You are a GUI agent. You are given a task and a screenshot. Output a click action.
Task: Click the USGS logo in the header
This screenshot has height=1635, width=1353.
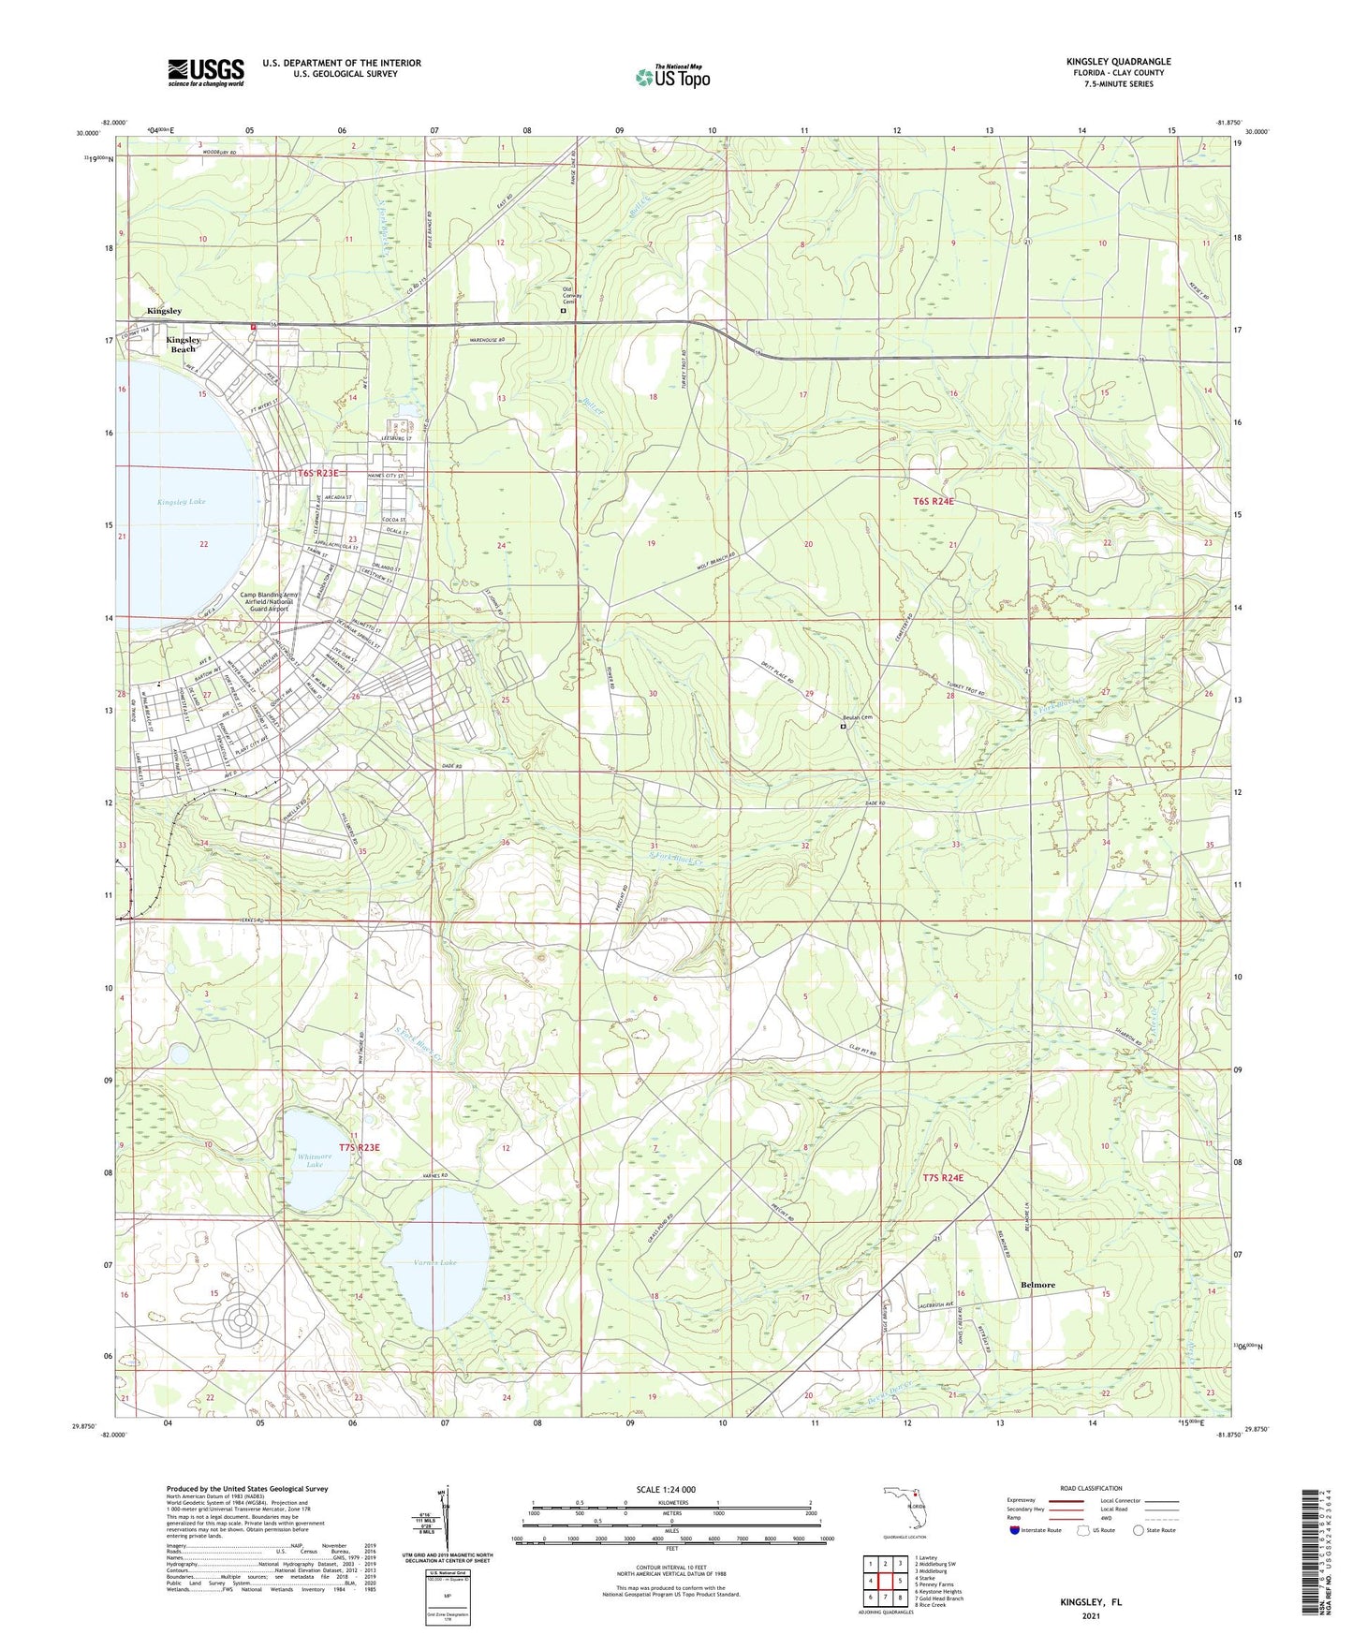pyautogui.click(x=206, y=72)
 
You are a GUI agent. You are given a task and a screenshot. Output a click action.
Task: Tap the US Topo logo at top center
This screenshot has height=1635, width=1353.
pyautogui.click(x=672, y=77)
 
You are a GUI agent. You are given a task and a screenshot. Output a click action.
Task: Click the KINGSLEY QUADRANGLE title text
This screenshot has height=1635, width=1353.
pyautogui.click(x=1118, y=62)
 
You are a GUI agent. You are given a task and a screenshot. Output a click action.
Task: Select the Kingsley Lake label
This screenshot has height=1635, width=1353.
pyautogui.click(x=182, y=502)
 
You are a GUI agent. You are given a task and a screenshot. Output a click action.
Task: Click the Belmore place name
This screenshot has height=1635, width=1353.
pyautogui.click(x=1037, y=1285)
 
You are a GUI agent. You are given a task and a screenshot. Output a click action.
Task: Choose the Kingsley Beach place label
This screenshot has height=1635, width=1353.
pyautogui.click(x=184, y=345)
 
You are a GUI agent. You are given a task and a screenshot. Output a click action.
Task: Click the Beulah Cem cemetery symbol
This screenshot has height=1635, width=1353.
pyautogui.click(x=842, y=726)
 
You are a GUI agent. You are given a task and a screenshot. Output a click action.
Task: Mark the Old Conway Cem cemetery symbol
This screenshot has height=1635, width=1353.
pyautogui.click(x=564, y=309)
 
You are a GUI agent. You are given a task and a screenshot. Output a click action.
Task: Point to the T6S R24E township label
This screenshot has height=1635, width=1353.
pyautogui.click(x=933, y=502)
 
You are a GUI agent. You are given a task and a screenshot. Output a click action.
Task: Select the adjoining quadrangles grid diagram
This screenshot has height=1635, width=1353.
pyautogui.click(x=885, y=1580)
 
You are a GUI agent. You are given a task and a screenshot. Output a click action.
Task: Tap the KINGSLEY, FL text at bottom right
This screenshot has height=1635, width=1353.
pyautogui.click(x=1091, y=1602)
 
